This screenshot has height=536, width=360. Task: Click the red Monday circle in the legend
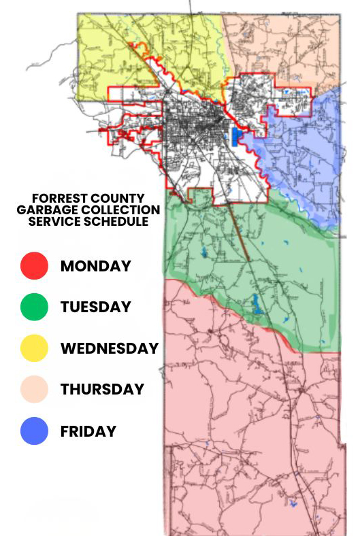34,266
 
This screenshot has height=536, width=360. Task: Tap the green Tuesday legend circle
34,307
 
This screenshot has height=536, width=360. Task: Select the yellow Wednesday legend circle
34,348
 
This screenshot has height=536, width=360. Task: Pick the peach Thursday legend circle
34,389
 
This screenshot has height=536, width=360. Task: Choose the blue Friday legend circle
34,431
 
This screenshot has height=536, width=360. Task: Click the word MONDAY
95,266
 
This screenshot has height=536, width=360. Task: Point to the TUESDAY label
95,307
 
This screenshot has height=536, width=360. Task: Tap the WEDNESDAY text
109,348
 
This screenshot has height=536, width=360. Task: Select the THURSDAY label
102,389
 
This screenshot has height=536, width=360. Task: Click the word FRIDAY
88,431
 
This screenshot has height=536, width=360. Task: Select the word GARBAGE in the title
45,210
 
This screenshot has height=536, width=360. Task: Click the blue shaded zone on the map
306,156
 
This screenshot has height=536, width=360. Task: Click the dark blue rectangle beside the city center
236,136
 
